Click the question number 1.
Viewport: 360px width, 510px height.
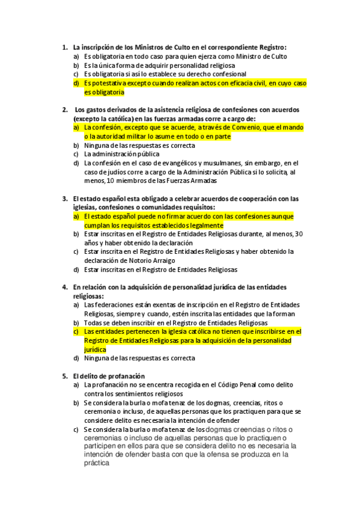(64, 47)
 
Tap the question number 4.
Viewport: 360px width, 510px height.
(64, 287)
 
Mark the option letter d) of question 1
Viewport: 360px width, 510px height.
(76, 84)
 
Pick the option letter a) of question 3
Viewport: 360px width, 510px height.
(76, 217)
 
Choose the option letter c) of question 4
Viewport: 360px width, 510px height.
(76, 331)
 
